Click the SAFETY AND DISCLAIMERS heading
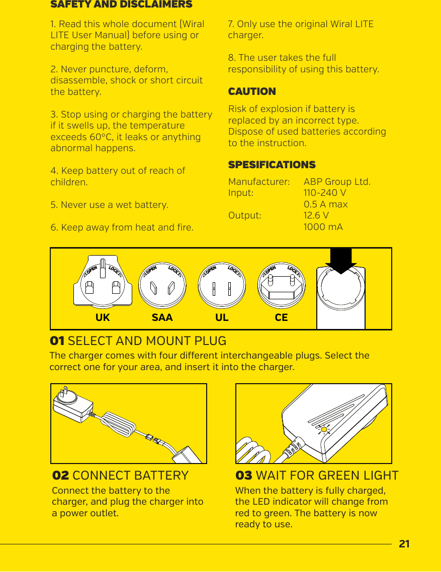pos(121,5)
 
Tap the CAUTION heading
pos(252,91)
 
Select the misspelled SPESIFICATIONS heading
pos(272,165)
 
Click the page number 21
pos(404,544)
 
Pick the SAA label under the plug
pos(162,318)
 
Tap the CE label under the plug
pos(281,318)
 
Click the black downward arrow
pos(341,261)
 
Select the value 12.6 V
pos(316,215)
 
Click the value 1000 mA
pos(323,227)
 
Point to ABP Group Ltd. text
pos(337,181)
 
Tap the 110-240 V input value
pos(324,193)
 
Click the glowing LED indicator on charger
pos(324,429)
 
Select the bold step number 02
pos(60,476)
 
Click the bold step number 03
pos(244,476)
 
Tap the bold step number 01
pos(57,341)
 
